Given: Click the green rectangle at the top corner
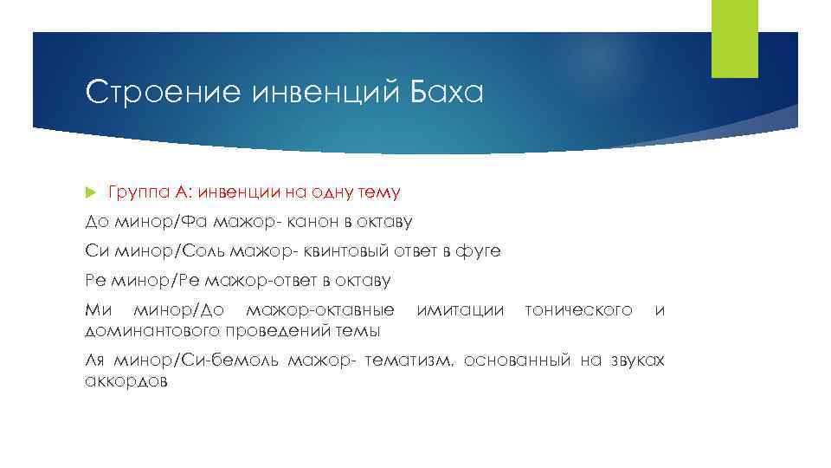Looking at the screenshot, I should point(734,39).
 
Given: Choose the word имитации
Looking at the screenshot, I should point(460,309).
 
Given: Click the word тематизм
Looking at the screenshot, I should point(409,360).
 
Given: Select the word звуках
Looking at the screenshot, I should point(636,360).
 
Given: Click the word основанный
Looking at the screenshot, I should point(517,360).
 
